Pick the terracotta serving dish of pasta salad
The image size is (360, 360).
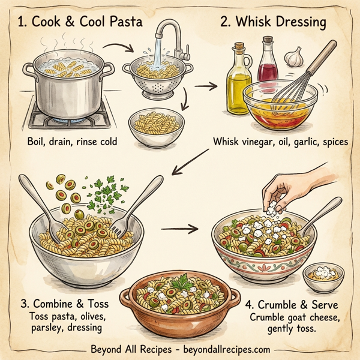tap(178, 306)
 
